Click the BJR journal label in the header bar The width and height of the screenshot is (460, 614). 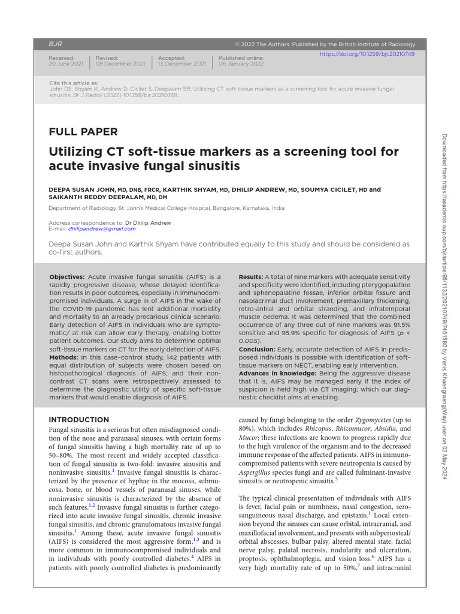click(x=55, y=44)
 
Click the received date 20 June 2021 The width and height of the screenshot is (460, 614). click(x=66, y=64)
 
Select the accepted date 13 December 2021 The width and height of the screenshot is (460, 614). click(x=182, y=64)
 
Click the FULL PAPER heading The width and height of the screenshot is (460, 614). click(x=83, y=132)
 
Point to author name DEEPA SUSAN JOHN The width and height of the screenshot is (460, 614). click(x=81, y=189)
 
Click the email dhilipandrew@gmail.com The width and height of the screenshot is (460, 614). click(x=93, y=228)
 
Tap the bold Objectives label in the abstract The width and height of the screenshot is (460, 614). click(x=67, y=276)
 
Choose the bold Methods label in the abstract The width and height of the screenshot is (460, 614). click(x=64, y=357)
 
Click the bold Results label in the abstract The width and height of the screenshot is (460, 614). click(x=251, y=276)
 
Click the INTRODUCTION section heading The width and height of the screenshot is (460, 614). click(x=79, y=420)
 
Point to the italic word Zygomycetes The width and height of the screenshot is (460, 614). click(x=369, y=420)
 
